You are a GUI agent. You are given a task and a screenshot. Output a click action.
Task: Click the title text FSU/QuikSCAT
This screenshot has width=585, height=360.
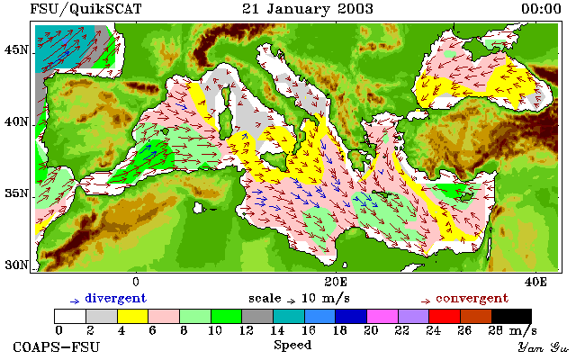[x=85, y=9]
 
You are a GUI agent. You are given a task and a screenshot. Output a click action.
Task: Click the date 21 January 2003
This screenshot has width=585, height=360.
[x=308, y=9]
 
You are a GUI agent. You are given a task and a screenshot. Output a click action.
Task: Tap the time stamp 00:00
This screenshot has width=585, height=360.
[x=541, y=9]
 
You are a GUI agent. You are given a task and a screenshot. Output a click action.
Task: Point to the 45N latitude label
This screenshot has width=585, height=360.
[x=16, y=49]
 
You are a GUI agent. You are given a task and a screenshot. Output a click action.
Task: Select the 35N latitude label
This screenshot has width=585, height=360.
[x=16, y=193]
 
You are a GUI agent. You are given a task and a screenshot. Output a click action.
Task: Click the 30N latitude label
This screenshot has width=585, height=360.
[x=16, y=265]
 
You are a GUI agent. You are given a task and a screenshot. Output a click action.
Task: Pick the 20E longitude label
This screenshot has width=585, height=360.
[x=336, y=282]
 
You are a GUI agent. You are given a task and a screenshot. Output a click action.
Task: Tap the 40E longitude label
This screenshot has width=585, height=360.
[x=535, y=282]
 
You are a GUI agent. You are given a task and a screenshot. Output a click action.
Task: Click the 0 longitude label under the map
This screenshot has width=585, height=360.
[x=135, y=282]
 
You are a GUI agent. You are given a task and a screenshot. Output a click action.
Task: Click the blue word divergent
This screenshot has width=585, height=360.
[x=116, y=299]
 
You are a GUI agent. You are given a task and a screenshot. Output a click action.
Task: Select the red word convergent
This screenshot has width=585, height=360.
[x=472, y=299]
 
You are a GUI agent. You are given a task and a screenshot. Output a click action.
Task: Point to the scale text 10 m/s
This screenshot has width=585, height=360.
[x=325, y=299]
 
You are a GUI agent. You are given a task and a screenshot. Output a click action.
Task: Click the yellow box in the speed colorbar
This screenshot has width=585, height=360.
[x=133, y=316]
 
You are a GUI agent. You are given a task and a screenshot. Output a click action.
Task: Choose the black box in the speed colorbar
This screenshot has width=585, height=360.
[x=511, y=316]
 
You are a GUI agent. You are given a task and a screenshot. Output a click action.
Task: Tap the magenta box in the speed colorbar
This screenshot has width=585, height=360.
[x=382, y=316]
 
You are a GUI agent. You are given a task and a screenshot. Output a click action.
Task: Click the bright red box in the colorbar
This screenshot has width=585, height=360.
[x=445, y=316]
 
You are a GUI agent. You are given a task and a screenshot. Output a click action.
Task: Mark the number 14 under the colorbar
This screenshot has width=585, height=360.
[x=277, y=330]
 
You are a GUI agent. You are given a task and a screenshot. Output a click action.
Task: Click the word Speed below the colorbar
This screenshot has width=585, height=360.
[x=292, y=346]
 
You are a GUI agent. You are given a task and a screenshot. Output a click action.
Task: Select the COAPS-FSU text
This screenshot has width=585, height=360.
[x=57, y=347]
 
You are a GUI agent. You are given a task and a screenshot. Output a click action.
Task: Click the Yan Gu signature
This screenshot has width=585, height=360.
[x=544, y=347]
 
